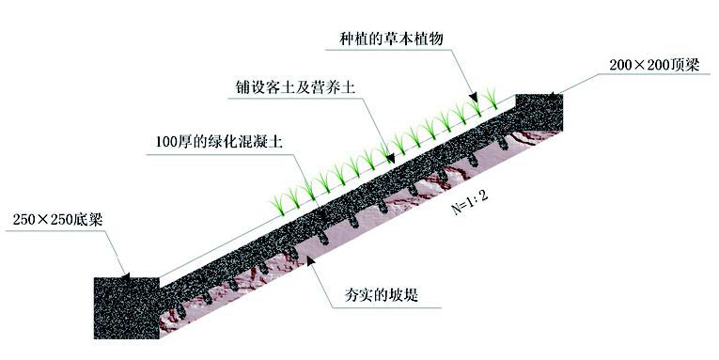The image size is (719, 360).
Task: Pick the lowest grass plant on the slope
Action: pyautogui.click(x=280, y=200)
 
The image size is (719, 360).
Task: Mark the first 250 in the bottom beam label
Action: pyautogui.click(x=24, y=223)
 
